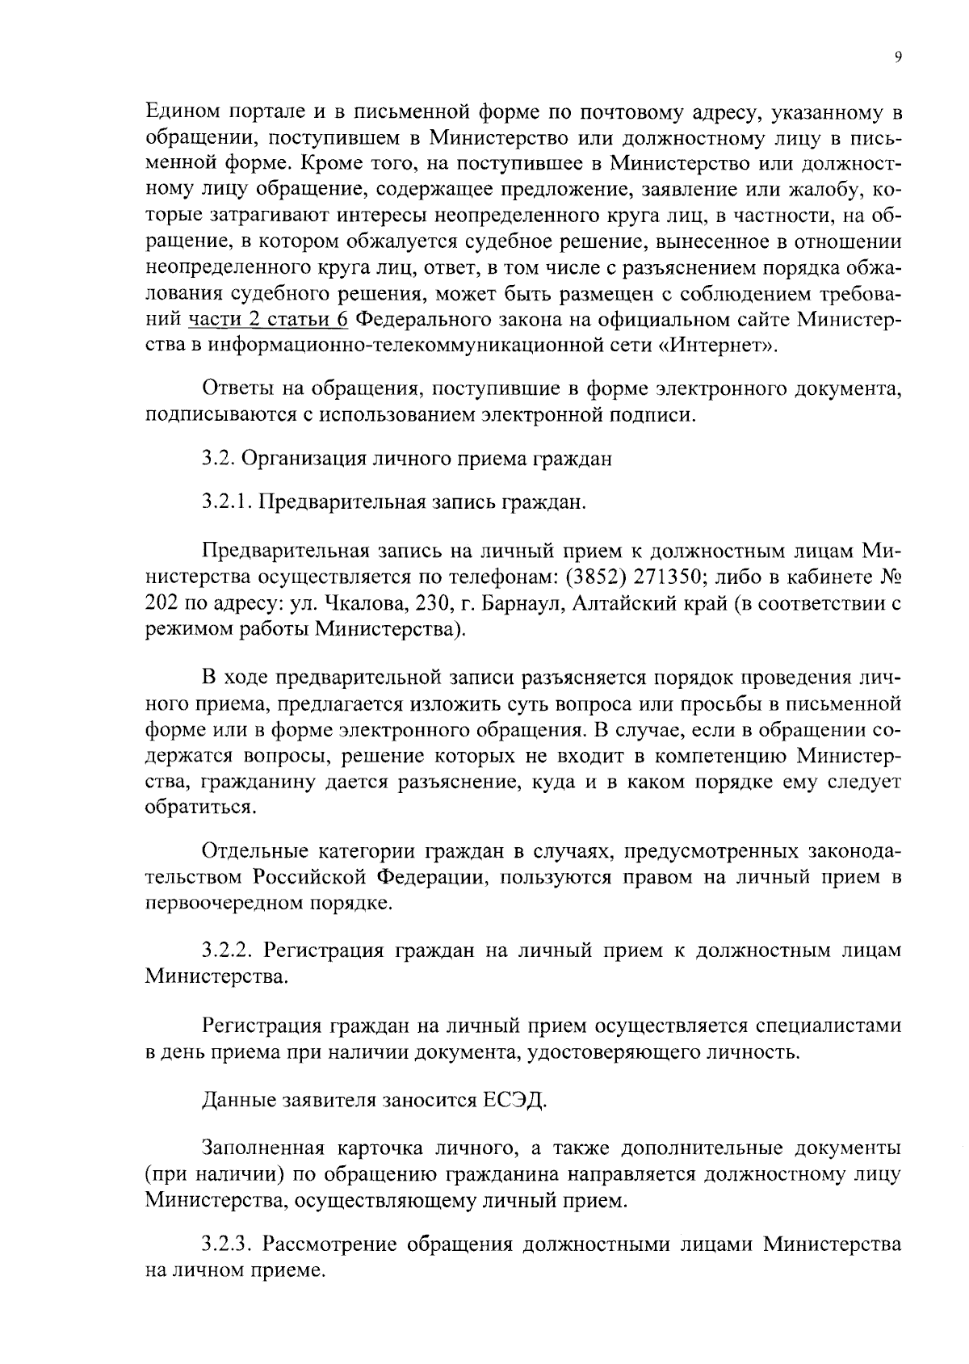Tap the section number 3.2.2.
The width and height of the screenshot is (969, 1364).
pyautogui.click(x=229, y=950)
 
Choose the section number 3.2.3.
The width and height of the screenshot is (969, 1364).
pyautogui.click(x=229, y=1244)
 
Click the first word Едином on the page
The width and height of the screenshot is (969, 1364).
pyautogui.click(x=182, y=110)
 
